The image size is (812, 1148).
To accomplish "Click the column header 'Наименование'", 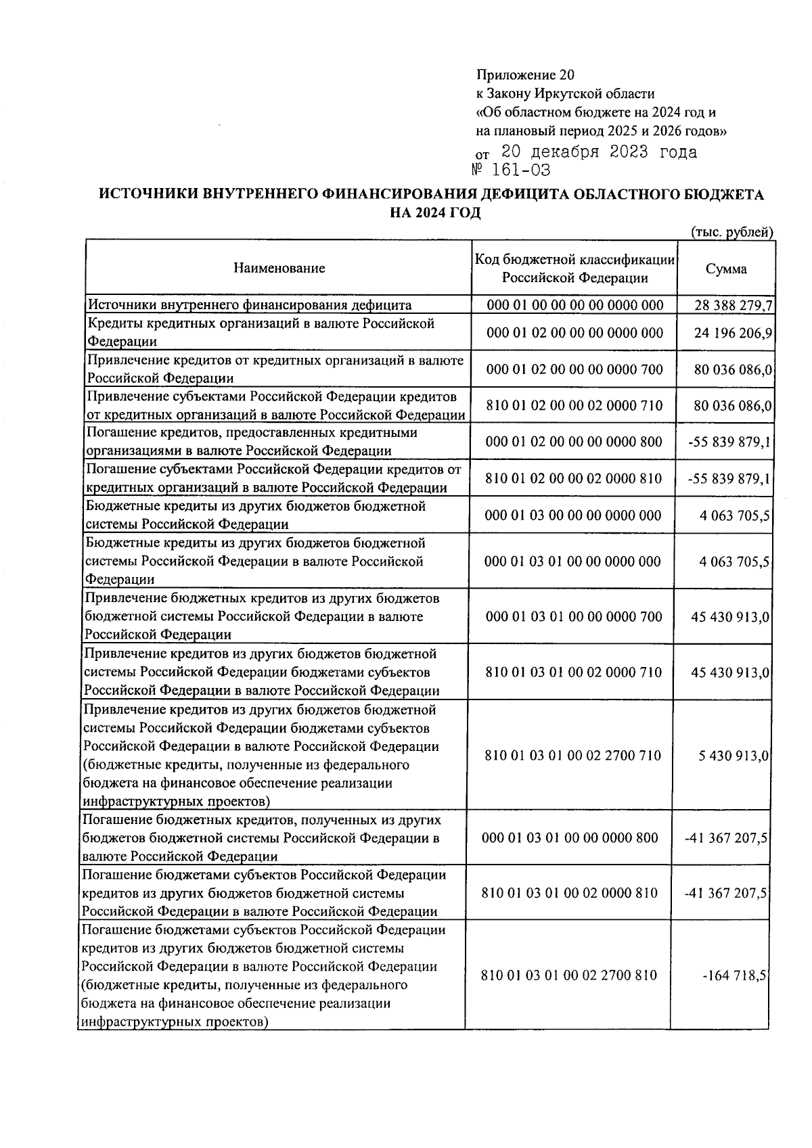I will (279, 268).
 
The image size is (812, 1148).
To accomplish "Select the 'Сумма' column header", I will (726, 269).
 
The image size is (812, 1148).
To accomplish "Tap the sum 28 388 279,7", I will (734, 305).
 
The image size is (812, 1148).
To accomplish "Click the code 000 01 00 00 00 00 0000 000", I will (574, 305).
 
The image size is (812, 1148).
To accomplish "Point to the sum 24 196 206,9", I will (734, 333).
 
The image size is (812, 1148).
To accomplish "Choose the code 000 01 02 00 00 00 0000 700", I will (574, 369).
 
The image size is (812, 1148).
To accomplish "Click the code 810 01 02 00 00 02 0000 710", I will (574, 406).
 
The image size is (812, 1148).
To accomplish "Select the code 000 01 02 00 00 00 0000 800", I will (574, 442).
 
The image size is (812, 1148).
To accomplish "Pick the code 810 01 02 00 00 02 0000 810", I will (574, 479).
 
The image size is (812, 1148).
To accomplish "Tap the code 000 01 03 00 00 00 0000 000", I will (573, 515).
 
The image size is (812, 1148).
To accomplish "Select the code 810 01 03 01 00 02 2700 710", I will (572, 756).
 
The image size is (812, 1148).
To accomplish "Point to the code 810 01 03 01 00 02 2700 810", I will (569, 975).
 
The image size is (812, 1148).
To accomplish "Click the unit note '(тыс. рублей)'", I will (731, 232).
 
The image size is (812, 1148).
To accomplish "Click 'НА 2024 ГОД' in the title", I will (435, 213).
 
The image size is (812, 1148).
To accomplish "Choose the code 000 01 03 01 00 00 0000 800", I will (570, 838).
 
